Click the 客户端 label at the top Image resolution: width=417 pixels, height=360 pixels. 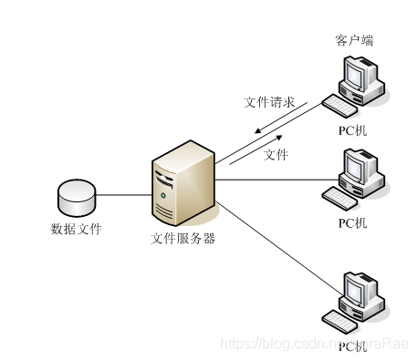pyautogui.click(x=353, y=41)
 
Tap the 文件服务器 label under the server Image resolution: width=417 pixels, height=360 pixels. pyautogui.click(x=182, y=239)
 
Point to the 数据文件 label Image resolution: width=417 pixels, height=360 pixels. pyautogui.click(x=76, y=228)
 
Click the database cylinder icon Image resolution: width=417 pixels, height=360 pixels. pyautogui.click(x=76, y=194)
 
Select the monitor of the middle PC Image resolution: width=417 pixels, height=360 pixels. pyautogui.click(x=357, y=167)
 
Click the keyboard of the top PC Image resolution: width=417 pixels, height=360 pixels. pyautogui.click(x=339, y=107)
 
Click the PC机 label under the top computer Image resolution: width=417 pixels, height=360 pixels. pyautogui.click(x=352, y=130)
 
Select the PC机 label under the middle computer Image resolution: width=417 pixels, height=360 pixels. pyautogui.click(x=352, y=221)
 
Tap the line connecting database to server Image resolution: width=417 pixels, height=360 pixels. pyautogui.click(x=123, y=194)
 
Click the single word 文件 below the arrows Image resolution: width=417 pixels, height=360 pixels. pyautogui.click(x=276, y=155)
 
